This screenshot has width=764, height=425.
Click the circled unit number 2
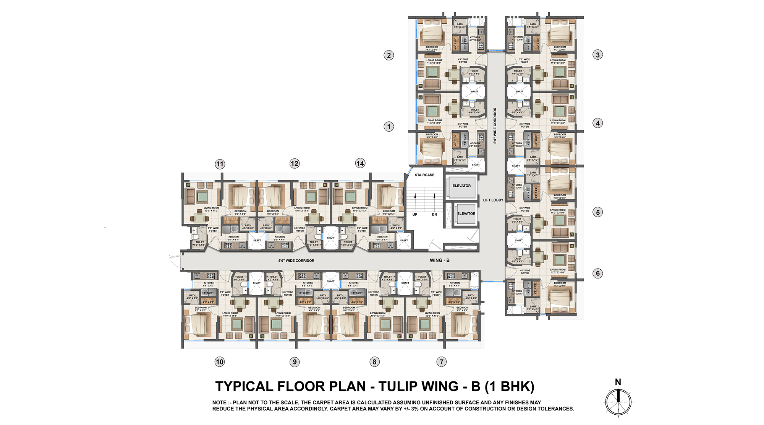pos(389,55)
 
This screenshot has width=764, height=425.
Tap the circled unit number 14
pos(360,164)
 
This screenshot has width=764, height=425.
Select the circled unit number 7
pos(442,362)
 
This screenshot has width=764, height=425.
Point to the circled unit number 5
pos(598,212)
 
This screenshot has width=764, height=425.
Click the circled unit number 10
pos(220,362)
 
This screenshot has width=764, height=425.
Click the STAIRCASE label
pos(424,175)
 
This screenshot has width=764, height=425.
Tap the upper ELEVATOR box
pos(461,186)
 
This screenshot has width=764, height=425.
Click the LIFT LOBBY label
pos(493,200)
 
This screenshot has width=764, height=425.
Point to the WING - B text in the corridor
pos(440,261)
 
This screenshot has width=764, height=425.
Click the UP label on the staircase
pos(415,215)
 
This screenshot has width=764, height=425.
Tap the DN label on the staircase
pos(434,215)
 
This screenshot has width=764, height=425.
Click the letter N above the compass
pos(618,382)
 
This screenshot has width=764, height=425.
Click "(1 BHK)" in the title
pos(509,387)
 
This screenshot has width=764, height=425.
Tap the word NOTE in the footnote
pos(220,403)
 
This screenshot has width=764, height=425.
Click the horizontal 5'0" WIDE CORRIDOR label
pos(296,261)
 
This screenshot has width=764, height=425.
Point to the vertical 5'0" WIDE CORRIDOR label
pos(495,125)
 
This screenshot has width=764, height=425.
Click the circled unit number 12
pos(294,164)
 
